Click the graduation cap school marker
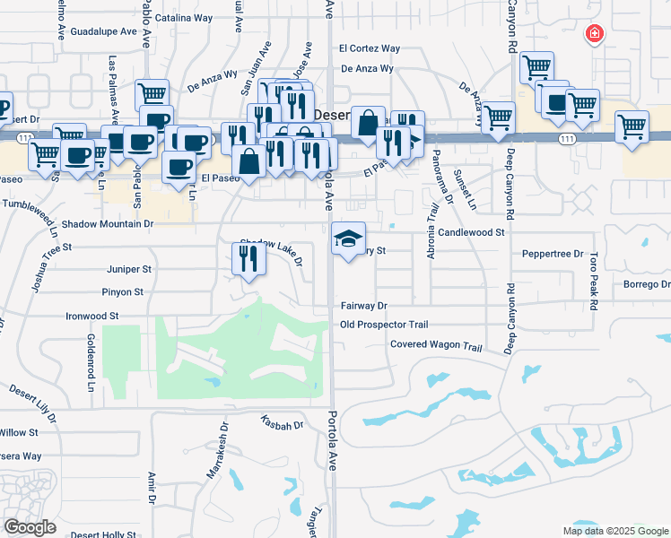tap(348, 239)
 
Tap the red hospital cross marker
tap(594, 35)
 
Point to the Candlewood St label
tap(473, 231)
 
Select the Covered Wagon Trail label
tap(436, 346)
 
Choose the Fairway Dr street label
tap(363, 306)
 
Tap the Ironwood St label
tap(92, 317)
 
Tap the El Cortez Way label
tap(369, 48)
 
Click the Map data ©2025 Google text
tap(614, 531)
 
